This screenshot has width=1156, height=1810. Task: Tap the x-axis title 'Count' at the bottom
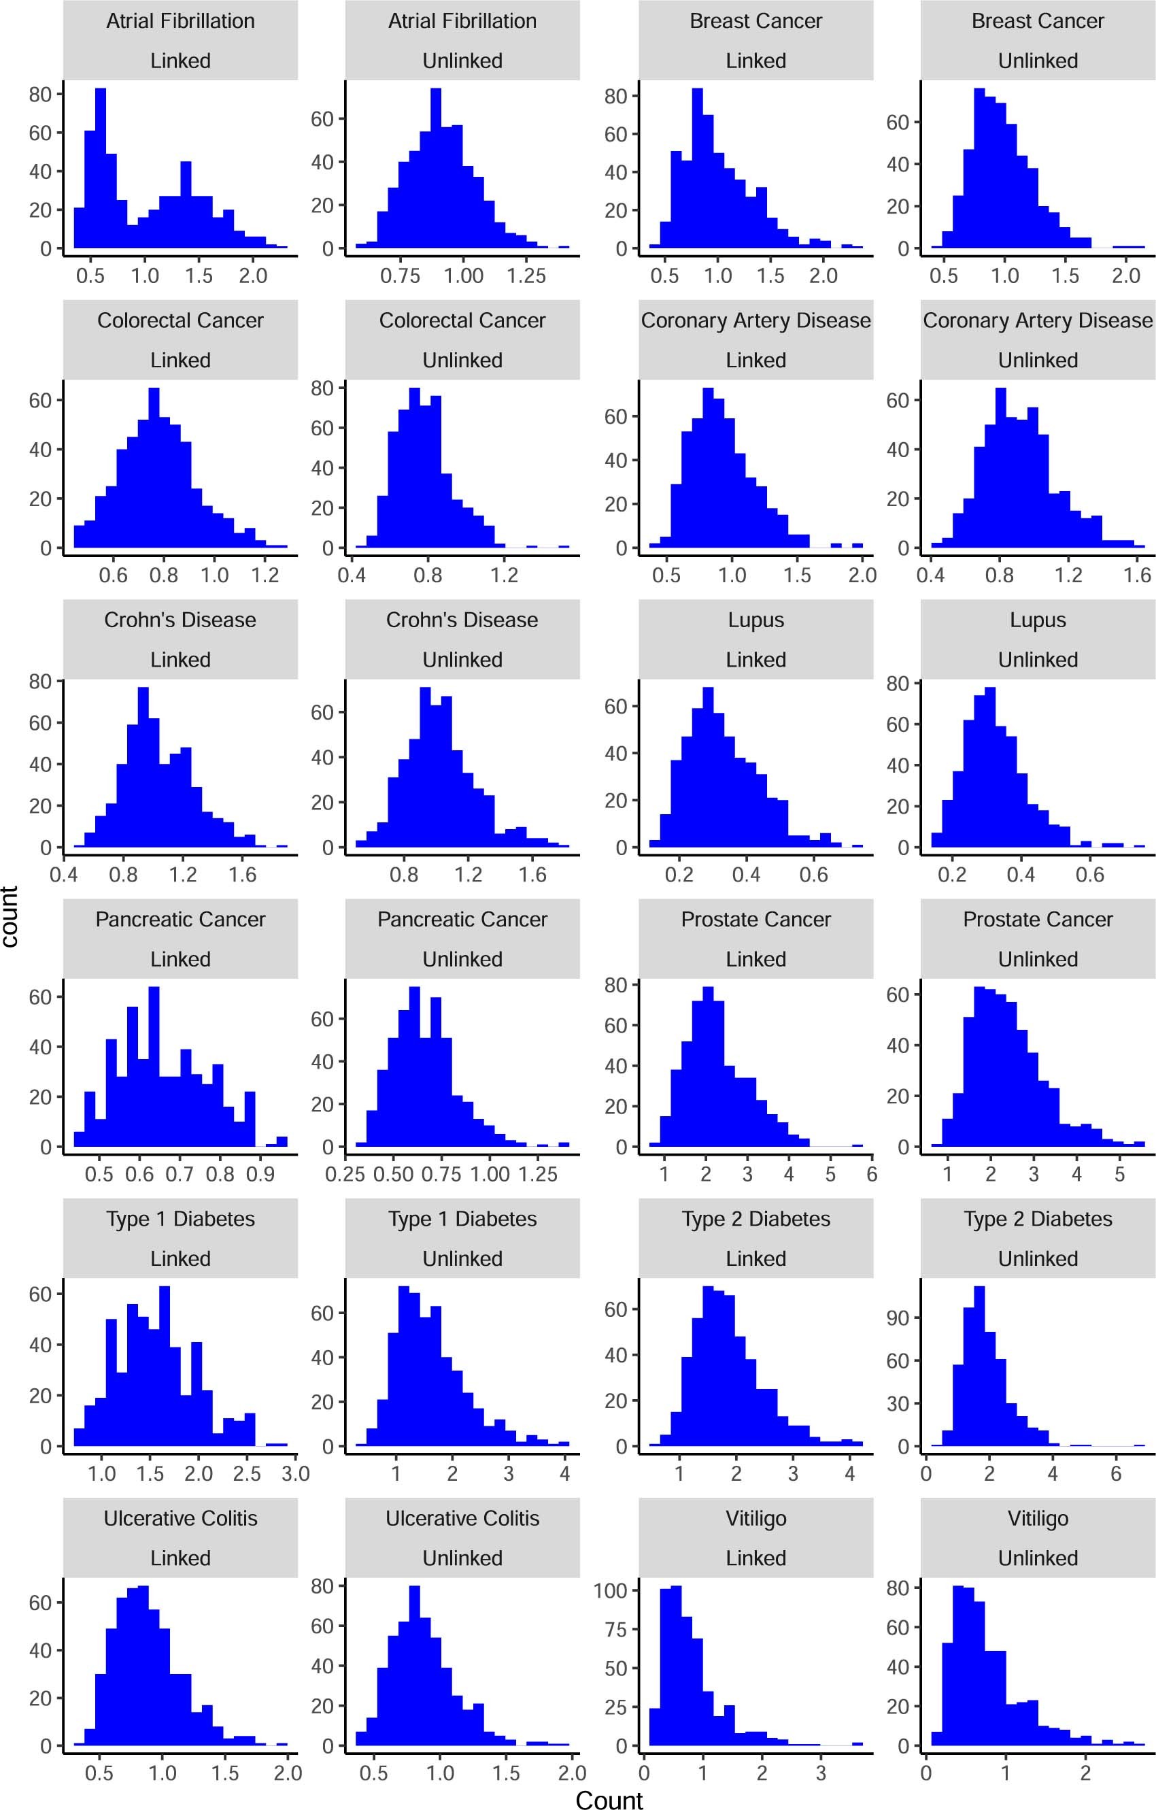coord(609,1798)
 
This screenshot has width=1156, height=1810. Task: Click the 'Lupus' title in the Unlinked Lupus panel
coord(1037,620)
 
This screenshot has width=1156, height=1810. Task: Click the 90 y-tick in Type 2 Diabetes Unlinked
coord(898,1318)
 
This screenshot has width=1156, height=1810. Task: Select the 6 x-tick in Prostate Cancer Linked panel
coord(871,1174)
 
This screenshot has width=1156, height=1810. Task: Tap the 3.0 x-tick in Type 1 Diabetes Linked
coord(295,1473)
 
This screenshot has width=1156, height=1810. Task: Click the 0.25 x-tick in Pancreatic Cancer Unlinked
coord(345,1174)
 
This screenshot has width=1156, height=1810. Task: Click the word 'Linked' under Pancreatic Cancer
coord(180,959)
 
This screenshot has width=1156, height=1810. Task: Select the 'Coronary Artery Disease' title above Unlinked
coord(1037,320)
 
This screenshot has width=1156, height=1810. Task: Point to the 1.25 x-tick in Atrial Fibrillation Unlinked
coord(526,276)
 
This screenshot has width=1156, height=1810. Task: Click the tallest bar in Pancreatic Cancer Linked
coord(154,1067)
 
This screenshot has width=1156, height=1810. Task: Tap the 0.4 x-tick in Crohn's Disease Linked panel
coord(64,875)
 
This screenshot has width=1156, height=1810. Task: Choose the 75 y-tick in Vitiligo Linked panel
coord(615,1630)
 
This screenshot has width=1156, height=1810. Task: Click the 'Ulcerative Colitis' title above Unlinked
coord(462,1519)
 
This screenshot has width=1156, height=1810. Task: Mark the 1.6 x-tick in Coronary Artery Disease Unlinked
coord(1137,575)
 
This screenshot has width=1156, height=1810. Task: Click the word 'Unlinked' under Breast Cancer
coord(1037,61)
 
